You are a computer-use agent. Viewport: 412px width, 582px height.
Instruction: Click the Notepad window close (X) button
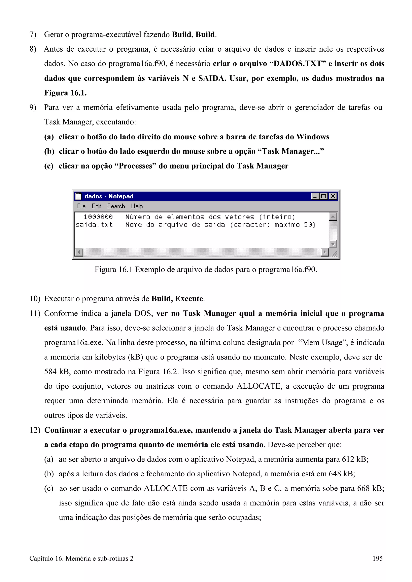click(x=333, y=196)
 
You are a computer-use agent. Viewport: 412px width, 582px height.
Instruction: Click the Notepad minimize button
click(x=315, y=196)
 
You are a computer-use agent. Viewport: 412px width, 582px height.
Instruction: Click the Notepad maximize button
click(x=324, y=196)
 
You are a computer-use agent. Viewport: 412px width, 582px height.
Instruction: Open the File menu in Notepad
click(x=81, y=206)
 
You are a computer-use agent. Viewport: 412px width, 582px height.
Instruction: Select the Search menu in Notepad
click(x=116, y=206)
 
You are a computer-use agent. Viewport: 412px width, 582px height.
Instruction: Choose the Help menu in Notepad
click(x=137, y=206)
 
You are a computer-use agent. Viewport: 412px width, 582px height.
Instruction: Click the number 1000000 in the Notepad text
click(x=98, y=217)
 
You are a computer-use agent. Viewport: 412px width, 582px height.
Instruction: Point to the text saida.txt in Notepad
click(x=94, y=225)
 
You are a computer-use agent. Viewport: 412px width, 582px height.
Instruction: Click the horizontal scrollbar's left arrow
click(x=79, y=252)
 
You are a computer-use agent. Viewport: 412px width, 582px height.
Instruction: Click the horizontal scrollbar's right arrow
click(x=325, y=252)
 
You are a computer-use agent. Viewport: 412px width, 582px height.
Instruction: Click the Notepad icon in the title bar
click(x=78, y=196)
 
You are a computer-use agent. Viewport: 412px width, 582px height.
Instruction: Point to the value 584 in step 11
click(x=50, y=372)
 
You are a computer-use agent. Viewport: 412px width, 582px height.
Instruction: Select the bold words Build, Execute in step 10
click(x=177, y=299)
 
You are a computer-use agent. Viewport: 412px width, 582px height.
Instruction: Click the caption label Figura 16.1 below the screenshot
click(x=113, y=270)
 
